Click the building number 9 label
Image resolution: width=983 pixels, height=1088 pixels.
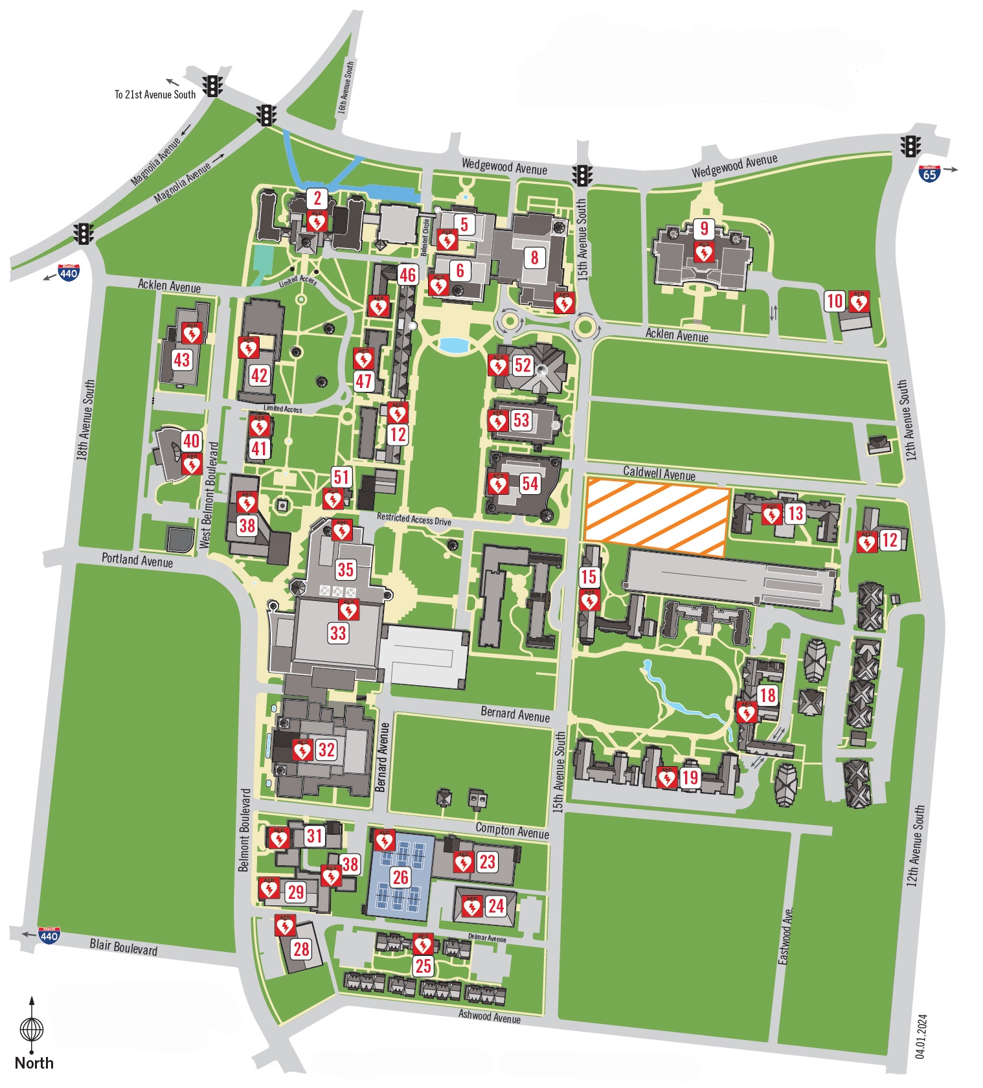tap(704, 228)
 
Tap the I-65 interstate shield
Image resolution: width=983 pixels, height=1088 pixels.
tap(929, 173)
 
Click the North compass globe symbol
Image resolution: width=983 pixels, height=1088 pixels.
tap(32, 1028)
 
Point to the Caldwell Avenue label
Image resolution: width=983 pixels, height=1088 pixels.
tap(659, 473)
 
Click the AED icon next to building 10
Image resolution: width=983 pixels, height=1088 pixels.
tap(859, 301)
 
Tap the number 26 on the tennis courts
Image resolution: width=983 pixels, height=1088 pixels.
tap(400, 877)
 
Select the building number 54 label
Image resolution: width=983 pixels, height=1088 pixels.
tap(530, 483)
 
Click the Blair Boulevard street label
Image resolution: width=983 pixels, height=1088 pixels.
tap(123, 947)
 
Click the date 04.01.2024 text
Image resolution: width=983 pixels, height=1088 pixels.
tap(921, 1036)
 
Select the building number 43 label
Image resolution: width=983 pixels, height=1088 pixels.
tap(182, 359)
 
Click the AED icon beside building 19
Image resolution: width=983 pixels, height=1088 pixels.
tap(666, 777)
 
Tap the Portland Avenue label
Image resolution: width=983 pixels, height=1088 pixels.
tap(137, 560)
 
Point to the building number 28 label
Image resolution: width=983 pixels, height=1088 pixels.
tap(301, 949)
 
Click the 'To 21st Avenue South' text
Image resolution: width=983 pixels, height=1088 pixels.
tap(155, 95)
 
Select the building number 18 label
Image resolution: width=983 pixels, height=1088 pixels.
tap(767, 696)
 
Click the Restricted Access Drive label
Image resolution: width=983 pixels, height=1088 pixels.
tap(414, 519)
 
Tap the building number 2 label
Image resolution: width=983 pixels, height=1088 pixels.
tap(317, 198)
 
